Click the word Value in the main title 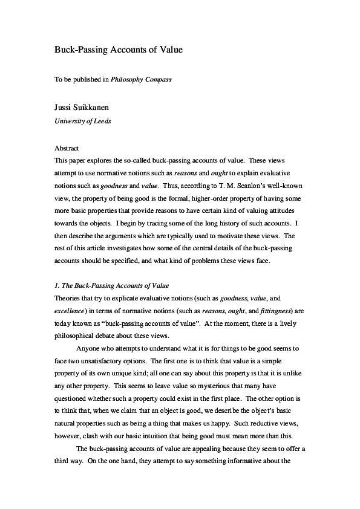[x=169, y=50]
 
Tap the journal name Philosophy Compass [x=142, y=79]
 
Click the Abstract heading [x=67, y=148]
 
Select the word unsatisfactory [x=94, y=362]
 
